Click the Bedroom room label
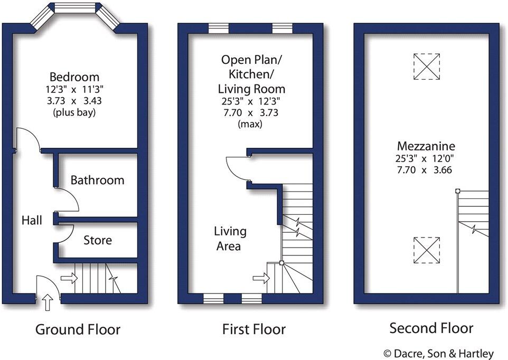[x=74, y=77]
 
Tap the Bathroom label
[x=98, y=180]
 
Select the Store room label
[x=98, y=240]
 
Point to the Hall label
[x=32, y=220]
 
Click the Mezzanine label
[x=426, y=146]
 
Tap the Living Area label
[x=230, y=239]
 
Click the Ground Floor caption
[x=78, y=330]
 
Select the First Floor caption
[x=253, y=330]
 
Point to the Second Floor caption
[x=431, y=328]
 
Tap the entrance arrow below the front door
[x=47, y=303]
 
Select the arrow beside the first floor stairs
[x=260, y=276]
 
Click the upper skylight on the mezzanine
[x=426, y=66]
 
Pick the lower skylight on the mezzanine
[x=426, y=250]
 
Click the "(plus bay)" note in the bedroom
[x=74, y=112]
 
